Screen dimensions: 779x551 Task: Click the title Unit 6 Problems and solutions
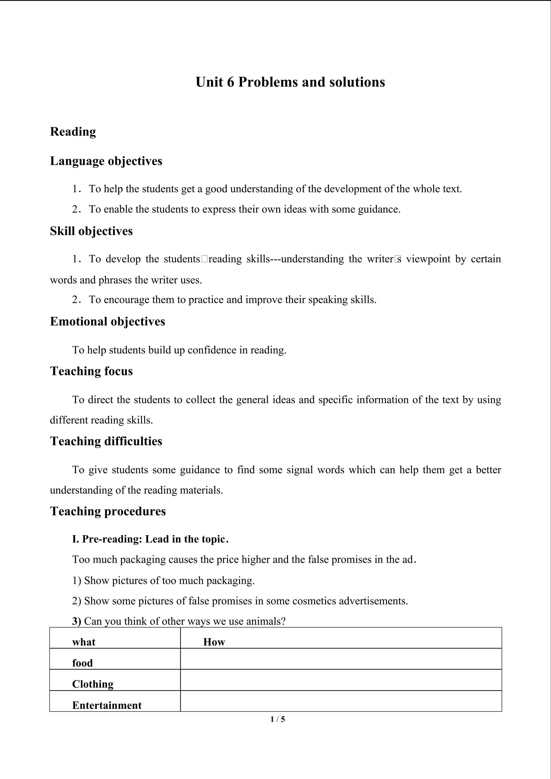(x=290, y=82)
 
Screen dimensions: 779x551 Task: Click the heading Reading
(x=73, y=132)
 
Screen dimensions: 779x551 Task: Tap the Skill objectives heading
(x=91, y=231)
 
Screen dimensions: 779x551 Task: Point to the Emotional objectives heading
(x=108, y=321)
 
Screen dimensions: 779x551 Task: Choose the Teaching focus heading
(x=91, y=371)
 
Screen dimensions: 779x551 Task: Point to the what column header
(x=84, y=642)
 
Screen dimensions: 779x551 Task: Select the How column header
(x=214, y=642)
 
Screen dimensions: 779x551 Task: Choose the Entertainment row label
(x=107, y=705)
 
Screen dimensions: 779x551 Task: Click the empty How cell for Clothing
(x=341, y=680)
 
